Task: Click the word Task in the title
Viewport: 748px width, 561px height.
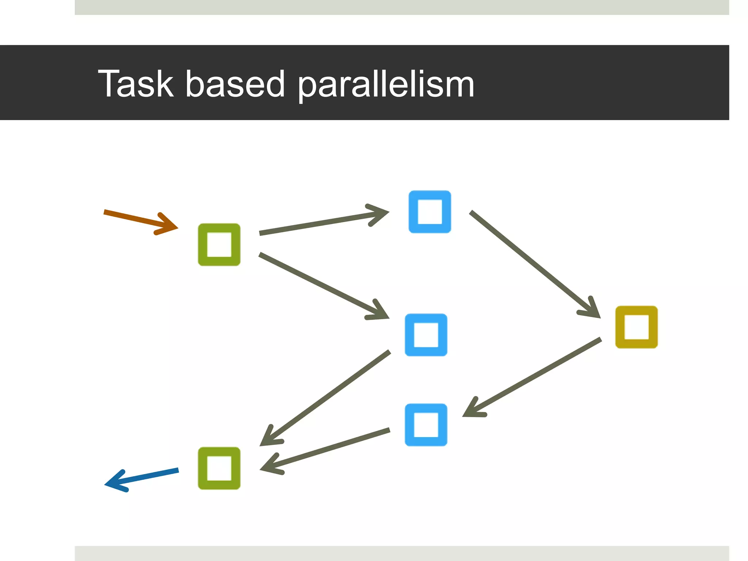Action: (136, 84)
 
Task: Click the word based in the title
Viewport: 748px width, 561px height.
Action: (235, 84)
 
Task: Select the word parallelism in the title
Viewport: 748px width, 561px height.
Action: (386, 85)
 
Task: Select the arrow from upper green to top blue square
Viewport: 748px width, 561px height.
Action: (318, 223)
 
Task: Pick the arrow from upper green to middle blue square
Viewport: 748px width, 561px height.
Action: (318, 283)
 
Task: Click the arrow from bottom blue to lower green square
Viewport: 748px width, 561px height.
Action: (329, 449)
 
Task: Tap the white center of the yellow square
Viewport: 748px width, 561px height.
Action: (636, 327)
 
